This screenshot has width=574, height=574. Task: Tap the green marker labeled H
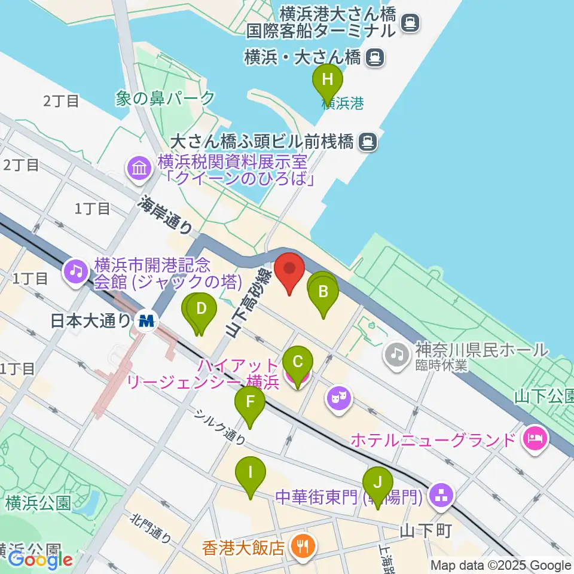click(x=327, y=80)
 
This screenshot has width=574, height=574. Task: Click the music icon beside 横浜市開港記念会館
click(x=76, y=272)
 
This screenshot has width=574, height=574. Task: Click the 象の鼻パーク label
click(x=166, y=98)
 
